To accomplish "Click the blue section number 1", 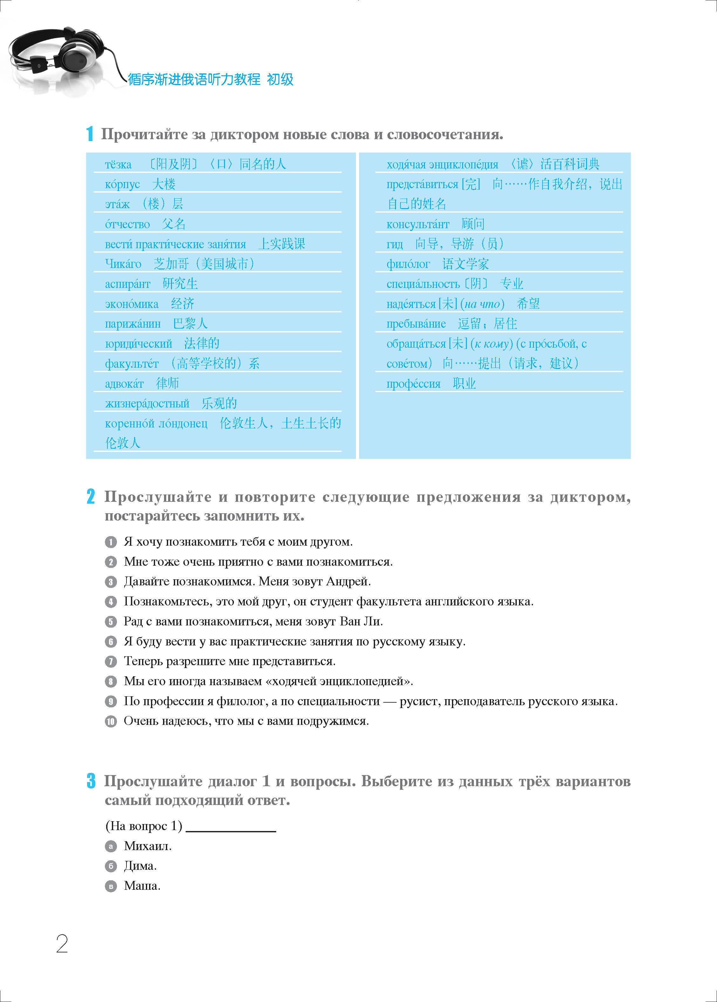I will click(90, 134).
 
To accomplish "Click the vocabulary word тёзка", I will click(118, 165).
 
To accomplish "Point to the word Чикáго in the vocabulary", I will click(123, 264).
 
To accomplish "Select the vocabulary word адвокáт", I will click(124, 384).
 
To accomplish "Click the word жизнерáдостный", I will click(147, 404).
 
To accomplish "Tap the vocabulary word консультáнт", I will click(418, 224).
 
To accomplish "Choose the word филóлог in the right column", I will click(408, 264).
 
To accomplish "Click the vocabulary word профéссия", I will click(413, 384).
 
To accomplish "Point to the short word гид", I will click(394, 244).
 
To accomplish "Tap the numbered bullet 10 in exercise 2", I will click(110, 721).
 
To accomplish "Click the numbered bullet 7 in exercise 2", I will click(110, 661).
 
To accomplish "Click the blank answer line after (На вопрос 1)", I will click(231, 827).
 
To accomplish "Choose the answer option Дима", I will click(140, 866).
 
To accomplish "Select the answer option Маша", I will click(142, 886).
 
